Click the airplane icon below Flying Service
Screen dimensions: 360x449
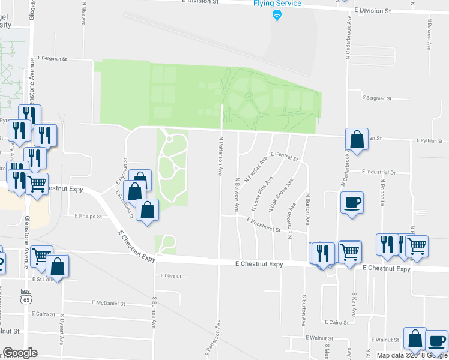(277, 15)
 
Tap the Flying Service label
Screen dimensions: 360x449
(277, 4)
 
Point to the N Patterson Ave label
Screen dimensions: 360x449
(221, 155)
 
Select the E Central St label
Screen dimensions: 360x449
(285, 157)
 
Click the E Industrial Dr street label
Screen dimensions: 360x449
(379, 172)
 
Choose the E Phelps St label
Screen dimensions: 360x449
(88, 215)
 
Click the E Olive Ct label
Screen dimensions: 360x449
(171, 276)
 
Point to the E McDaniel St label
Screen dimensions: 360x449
(108, 304)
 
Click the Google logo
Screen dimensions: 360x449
(20, 353)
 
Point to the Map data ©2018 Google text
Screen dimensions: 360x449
(411, 355)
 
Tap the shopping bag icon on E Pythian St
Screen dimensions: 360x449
(357, 140)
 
